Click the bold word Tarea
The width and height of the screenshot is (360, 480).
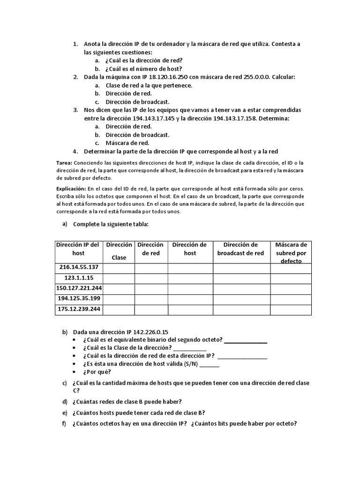tap(63, 162)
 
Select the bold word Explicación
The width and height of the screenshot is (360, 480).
tap(71, 187)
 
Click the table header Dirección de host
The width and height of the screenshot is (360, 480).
tap(190, 249)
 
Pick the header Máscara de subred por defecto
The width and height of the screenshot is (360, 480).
tap(291, 253)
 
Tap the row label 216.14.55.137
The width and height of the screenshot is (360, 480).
tap(79, 267)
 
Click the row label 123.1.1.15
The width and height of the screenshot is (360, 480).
tap(79, 278)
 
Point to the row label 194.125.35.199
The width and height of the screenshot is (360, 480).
tap(79, 299)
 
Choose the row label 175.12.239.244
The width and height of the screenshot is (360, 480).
tap(79, 310)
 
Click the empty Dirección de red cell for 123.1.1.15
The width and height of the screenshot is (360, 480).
tap(151, 278)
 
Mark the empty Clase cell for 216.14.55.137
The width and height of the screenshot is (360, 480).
tap(119, 268)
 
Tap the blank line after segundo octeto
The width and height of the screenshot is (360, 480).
tap(245, 340)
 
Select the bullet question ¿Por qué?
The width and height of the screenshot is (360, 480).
tap(97, 372)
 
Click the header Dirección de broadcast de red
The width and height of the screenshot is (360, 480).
tap(241, 249)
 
